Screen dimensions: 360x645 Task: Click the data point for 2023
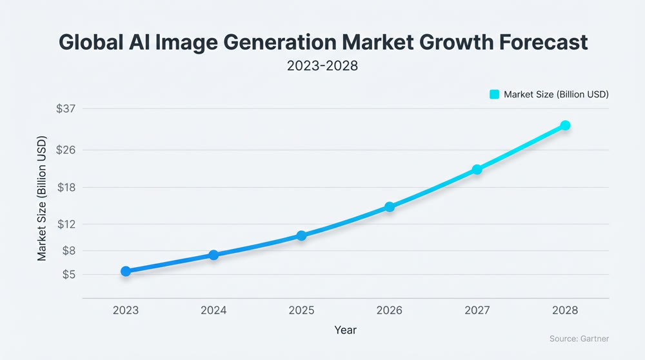(x=126, y=272)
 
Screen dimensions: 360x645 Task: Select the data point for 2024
(x=213, y=255)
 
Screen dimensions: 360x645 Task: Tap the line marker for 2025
(x=301, y=235)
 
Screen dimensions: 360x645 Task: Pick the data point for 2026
(x=390, y=207)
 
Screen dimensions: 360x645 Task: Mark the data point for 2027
(x=477, y=170)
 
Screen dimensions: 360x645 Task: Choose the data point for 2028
(x=565, y=125)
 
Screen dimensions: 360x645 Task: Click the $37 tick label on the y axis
(x=66, y=108)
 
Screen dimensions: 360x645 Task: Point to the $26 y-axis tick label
(x=66, y=150)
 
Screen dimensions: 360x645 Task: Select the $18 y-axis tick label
(x=66, y=188)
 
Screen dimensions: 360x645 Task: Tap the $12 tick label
(x=66, y=225)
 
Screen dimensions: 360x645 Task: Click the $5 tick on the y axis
(x=69, y=275)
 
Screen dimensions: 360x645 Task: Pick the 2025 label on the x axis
(x=301, y=310)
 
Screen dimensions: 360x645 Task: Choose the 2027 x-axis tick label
(x=477, y=310)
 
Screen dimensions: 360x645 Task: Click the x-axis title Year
(x=345, y=330)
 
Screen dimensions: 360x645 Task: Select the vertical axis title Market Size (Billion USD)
(x=42, y=197)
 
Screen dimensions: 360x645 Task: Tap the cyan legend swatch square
(x=495, y=94)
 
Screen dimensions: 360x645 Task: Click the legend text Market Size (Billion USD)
(x=556, y=94)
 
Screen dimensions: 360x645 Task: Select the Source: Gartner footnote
(x=579, y=339)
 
